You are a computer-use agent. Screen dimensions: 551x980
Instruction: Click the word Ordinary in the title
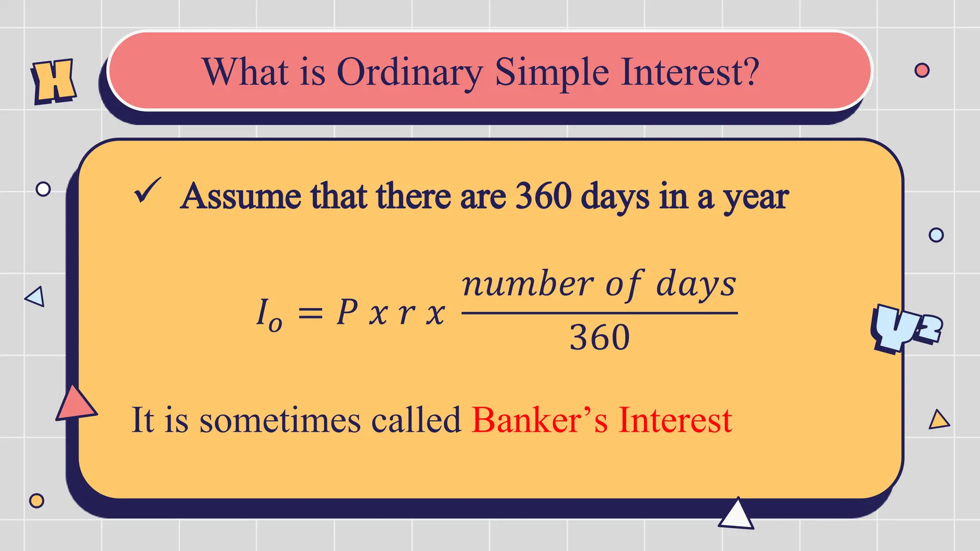pyautogui.click(x=410, y=73)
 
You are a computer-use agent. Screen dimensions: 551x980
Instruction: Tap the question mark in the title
pyautogui.click(x=747, y=72)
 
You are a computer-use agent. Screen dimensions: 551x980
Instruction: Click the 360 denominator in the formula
pyautogui.click(x=599, y=338)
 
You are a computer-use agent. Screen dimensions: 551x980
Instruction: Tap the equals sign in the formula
pyautogui.click(x=311, y=314)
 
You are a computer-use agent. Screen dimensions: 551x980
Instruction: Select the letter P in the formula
pyautogui.click(x=347, y=313)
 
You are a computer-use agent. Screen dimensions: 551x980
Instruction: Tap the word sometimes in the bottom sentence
pyautogui.click(x=280, y=421)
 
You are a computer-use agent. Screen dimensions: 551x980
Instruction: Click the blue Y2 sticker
pyautogui.click(x=904, y=329)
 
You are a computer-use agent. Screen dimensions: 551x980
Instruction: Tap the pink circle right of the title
pyautogui.click(x=922, y=70)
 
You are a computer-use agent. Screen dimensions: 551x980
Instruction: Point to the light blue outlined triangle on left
pyautogui.click(x=36, y=297)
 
